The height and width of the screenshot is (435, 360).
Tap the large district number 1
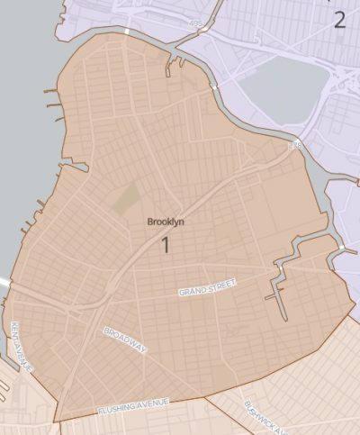[166, 244]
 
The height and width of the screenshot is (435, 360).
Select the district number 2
[339, 20]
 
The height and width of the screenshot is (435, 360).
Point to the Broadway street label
[124, 340]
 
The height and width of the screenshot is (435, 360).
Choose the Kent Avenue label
[22, 347]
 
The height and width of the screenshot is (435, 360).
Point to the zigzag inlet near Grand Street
[286, 275]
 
